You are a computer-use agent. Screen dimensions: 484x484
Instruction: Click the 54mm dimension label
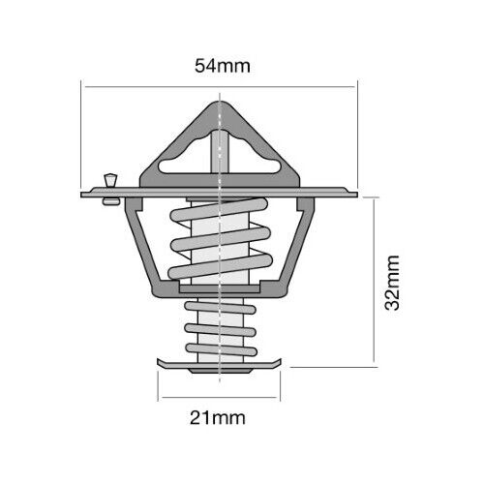[x=223, y=66]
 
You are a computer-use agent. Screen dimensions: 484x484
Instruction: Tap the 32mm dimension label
[x=392, y=283]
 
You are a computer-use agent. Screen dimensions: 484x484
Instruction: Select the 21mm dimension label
[x=218, y=418]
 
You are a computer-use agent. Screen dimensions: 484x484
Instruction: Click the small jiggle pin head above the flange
[x=110, y=180]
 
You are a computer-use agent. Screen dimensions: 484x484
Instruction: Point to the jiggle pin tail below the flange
[x=111, y=202]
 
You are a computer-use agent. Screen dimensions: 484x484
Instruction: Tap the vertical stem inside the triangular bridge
[x=220, y=152]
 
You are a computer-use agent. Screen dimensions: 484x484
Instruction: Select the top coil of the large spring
[x=219, y=210]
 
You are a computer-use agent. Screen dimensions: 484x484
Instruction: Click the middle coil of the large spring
[x=221, y=239]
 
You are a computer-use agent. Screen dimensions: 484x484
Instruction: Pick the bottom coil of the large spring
[x=221, y=266]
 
